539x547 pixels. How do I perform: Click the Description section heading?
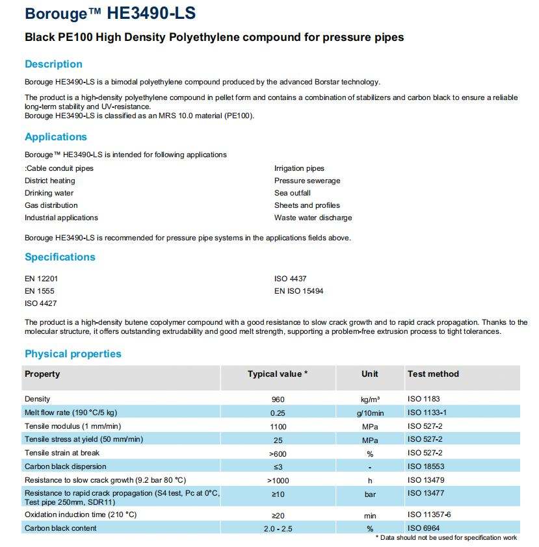(x=53, y=64)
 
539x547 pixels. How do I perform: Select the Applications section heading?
(x=56, y=137)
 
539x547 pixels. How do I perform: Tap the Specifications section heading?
(x=60, y=257)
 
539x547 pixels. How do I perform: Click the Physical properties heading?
(x=73, y=354)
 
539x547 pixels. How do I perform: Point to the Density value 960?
(x=278, y=399)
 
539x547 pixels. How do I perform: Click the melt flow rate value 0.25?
(x=278, y=413)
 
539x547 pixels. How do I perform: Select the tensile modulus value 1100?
(x=278, y=426)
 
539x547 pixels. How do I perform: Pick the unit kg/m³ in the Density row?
(x=370, y=399)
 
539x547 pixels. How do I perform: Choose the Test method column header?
(x=433, y=374)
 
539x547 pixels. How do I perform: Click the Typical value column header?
(x=278, y=374)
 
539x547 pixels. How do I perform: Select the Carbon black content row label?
(x=60, y=528)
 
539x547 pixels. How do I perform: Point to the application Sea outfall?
(x=293, y=193)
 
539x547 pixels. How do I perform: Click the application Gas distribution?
(x=51, y=205)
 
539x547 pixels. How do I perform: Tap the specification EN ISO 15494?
(x=298, y=291)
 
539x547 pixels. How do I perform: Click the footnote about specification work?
(x=447, y=538)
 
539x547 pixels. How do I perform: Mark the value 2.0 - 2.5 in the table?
(x=278, y=528)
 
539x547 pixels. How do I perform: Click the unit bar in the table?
(x=370, y=494)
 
